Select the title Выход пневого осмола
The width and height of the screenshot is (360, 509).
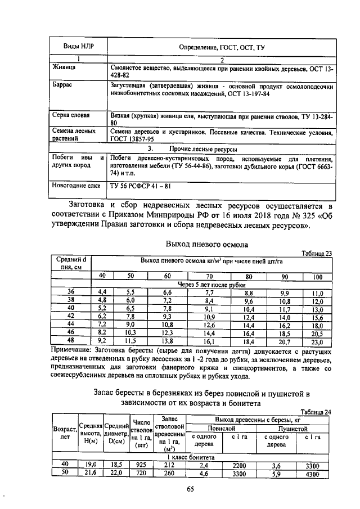coord(206,245)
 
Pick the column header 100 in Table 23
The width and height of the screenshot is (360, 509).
coord(317,277)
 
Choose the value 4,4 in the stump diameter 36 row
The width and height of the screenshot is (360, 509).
coord(102,292)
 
